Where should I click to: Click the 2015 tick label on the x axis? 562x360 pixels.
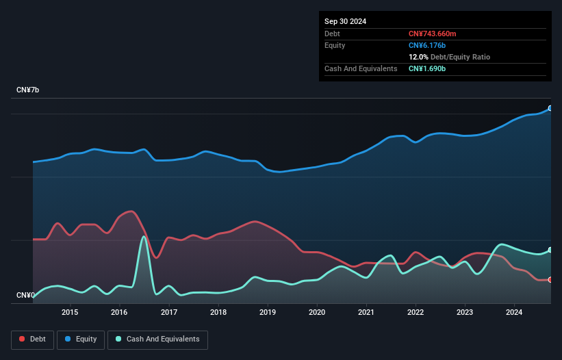[70, 313]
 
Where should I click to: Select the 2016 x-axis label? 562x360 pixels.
[119, 313]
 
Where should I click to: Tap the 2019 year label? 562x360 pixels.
[268, 313]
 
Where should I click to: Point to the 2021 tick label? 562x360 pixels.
[366, 313]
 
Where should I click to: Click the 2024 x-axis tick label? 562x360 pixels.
[515, 313]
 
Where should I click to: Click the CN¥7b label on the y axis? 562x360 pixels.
[28, 90]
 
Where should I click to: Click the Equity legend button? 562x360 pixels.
[81, 339]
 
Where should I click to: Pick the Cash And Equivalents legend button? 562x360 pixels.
[157, 339]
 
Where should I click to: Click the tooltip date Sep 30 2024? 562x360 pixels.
[345, 21]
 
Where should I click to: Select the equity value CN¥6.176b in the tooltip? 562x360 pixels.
[427, 45]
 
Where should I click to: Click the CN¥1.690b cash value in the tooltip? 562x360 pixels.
[427, 68]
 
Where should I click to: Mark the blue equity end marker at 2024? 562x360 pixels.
[550, 108]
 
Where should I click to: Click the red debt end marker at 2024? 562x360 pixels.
[550, 279]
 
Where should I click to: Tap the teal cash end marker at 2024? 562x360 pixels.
[550, 250]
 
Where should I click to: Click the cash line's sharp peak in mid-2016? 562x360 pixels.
[144, 237]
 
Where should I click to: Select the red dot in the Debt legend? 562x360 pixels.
[22, 339]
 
